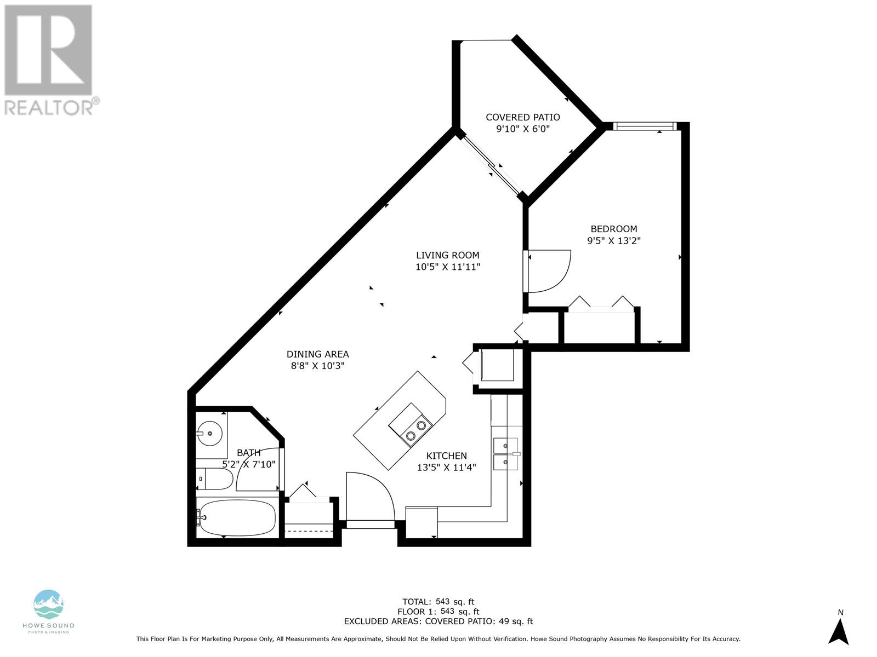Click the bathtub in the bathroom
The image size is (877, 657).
coord(237,518)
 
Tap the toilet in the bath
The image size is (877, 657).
coord(214,479)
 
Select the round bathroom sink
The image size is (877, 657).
coord(209,433)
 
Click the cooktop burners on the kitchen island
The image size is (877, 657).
coord(415,430)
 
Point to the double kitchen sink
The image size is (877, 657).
coord(506,454)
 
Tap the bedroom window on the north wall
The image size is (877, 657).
coord(645,126)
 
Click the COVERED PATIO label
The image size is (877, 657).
coord(522,117)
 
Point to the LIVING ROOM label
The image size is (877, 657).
coord(447,255)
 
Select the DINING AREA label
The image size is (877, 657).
coord(317,354)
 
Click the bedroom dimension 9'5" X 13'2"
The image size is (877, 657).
coord(614,241)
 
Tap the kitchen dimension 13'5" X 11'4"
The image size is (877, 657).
coord(447,468)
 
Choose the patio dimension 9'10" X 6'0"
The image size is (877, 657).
coord(523,129)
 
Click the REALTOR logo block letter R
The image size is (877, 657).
coord(48,50)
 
